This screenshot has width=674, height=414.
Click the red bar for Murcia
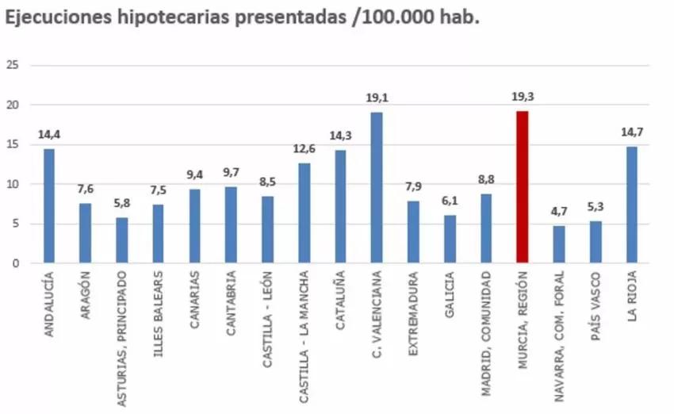(x=522, y=187)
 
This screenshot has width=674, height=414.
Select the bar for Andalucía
(x=49, y=206)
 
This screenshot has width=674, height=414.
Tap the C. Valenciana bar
(x=377, y=188)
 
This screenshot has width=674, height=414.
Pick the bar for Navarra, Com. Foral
(x=558, y=244)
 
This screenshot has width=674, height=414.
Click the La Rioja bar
(x=631, y=205)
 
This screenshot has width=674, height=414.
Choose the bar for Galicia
(x=450, y=239)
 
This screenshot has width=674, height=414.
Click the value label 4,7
(x=558, y=212)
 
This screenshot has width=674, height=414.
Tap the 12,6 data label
(x=304, y=148)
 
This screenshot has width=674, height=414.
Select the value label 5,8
(x=122, y=202)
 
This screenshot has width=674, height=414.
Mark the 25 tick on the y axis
(x=12, y=65)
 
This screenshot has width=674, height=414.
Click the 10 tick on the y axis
(x=12, y=184)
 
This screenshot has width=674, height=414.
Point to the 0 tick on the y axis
(x=15, y=263)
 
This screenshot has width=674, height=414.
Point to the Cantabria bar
(x=231, y=225)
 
